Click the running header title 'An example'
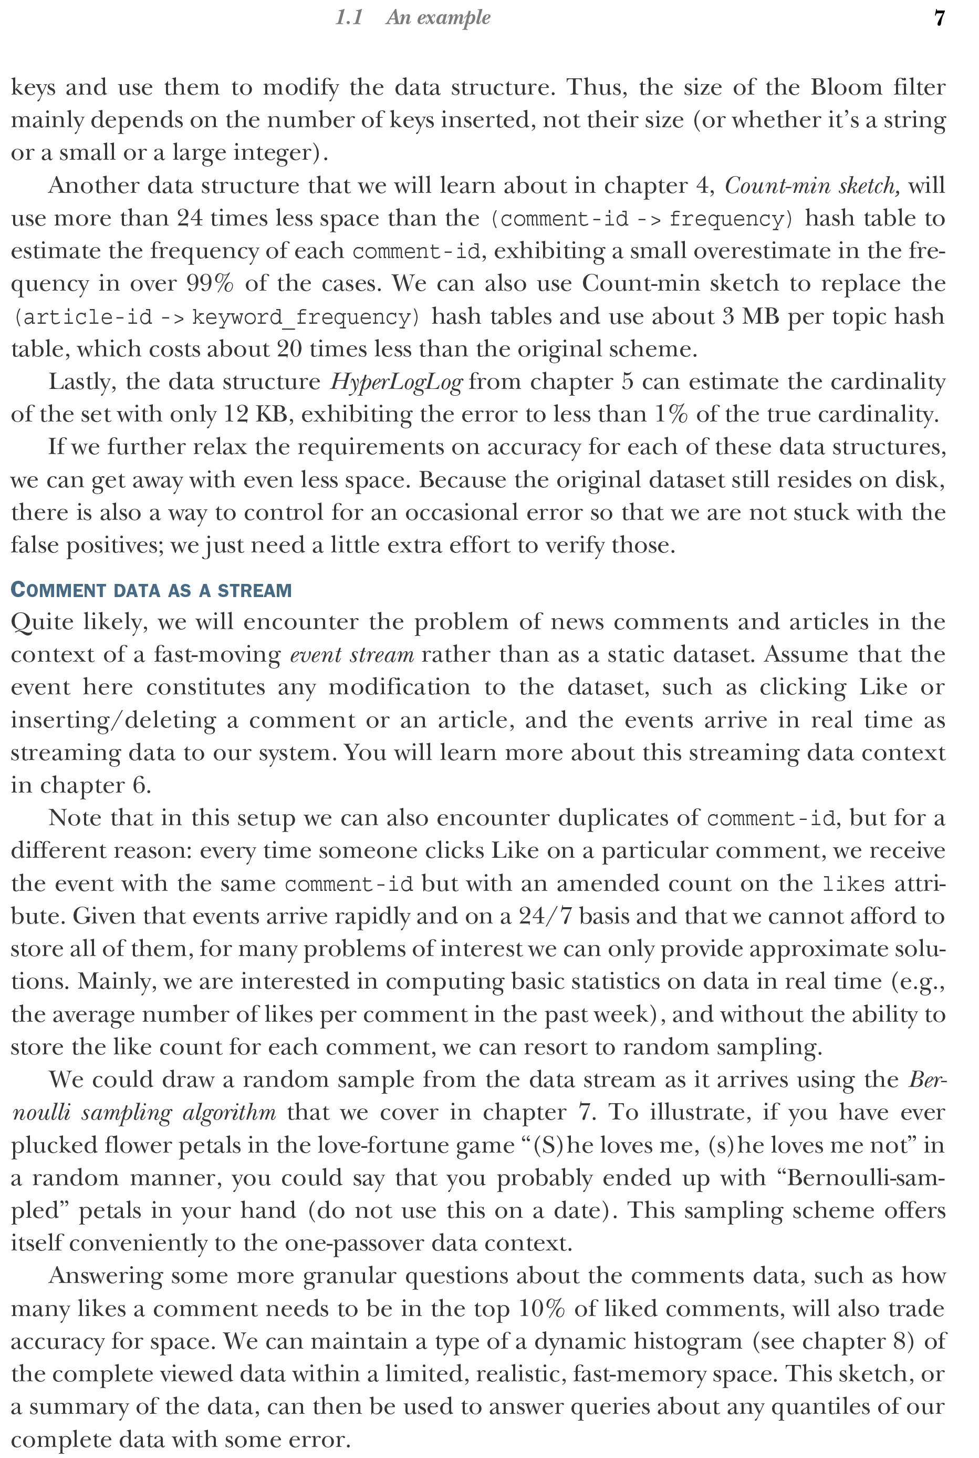point(438,17)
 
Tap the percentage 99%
point(210,284)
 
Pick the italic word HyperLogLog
point(397,382)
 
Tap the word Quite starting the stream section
point(43,622)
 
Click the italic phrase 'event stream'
point(352,655)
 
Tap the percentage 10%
point(542,1308)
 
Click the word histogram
point(684,1341)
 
